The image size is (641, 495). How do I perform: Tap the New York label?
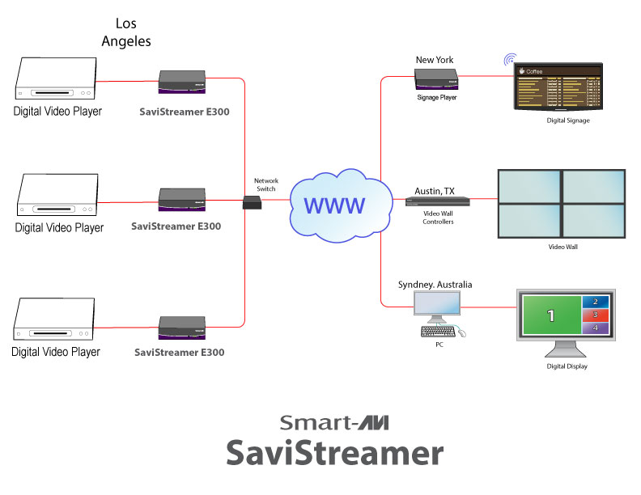click(x=435, y=60)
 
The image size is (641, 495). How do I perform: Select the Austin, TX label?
click(x=435, y=191)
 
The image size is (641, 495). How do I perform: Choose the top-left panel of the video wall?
click(x=529, y=186)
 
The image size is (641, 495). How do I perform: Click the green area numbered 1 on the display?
click(x=550, y=315)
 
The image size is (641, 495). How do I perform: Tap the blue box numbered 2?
click(x=596, y=301)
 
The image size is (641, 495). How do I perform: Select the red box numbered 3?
click(x=596, y=315)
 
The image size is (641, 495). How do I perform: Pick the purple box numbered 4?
click(x=596, y=328)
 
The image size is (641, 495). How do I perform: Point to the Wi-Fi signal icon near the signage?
click(x=510, y=60)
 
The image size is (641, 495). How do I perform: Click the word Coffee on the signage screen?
click(x=535, y=71)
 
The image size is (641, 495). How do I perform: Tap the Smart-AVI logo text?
click(x=334, y=422)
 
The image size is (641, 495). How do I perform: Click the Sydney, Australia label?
click(x=435, y=285)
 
